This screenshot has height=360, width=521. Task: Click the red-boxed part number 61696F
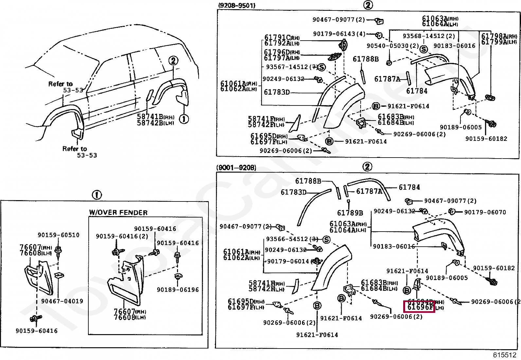coord(420,308)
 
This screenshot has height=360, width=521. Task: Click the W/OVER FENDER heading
coord(118,213)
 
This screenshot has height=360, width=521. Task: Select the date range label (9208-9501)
coord(236,6)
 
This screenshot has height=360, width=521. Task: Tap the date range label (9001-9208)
coord(236,168)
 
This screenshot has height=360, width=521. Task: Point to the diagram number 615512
coord(504,355)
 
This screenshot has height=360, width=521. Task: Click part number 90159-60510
coord(58,235)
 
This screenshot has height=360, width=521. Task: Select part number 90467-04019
coord(62,301)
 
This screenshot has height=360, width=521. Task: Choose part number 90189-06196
coord(178,290)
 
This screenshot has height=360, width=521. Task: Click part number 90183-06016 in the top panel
coord(454,46)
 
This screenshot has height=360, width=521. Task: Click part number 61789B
coord(350,213)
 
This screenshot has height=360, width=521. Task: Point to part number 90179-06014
coord(288,261)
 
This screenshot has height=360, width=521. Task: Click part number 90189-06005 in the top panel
coord(460,127)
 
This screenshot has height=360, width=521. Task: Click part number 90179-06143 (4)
coord(339,34)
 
